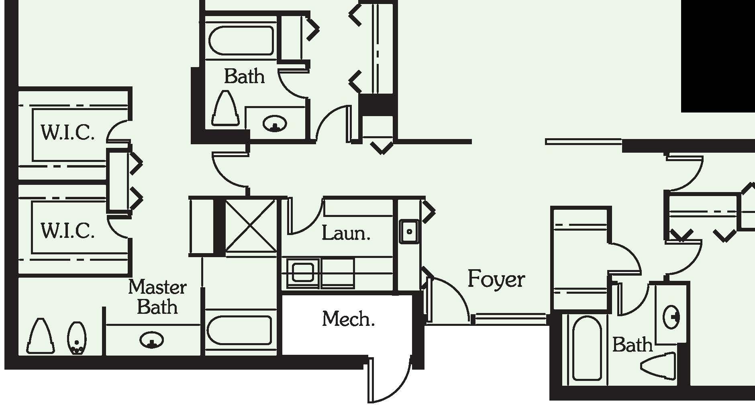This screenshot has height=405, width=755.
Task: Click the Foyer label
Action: click(496, 279)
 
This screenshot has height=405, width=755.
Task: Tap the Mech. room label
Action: click(348, 319)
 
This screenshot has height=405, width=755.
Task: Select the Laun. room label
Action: click(346, 233)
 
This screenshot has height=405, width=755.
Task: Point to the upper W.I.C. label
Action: click(67, 132)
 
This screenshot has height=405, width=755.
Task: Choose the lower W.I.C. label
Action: click(67, 231)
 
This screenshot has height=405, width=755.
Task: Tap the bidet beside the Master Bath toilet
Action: click(77, 338)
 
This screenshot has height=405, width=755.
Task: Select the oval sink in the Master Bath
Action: click(151, 340)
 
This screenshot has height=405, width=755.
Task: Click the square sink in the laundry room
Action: click(409, 231)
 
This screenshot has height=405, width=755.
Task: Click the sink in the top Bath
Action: click(275, 123)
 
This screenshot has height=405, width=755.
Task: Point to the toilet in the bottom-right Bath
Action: click(659, 366)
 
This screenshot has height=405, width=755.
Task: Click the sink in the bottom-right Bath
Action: click(671, 317)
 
